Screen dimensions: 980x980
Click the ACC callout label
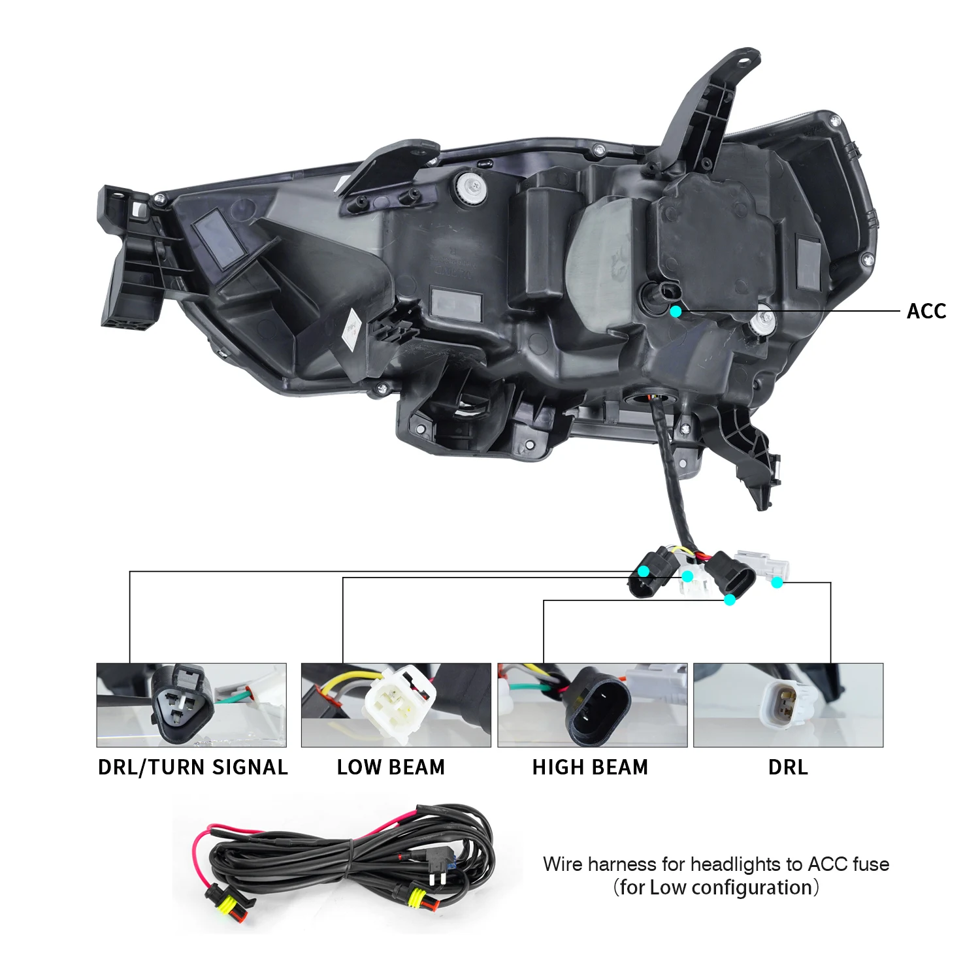point(926,311)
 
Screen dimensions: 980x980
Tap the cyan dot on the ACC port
point(676,312)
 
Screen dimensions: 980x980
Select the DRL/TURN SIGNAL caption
point(193,767)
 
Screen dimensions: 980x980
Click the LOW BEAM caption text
point(391,767)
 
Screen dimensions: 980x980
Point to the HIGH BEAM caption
point(590,767)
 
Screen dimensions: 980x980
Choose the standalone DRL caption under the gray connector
point(788,767)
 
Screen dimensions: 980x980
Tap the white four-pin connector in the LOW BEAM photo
point(399,703)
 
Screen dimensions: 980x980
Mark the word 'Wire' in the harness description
point(563,864)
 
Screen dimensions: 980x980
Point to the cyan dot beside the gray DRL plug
point(777,582)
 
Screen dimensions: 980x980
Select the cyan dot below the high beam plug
point(730,599)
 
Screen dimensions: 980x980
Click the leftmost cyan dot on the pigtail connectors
point(644,571)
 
